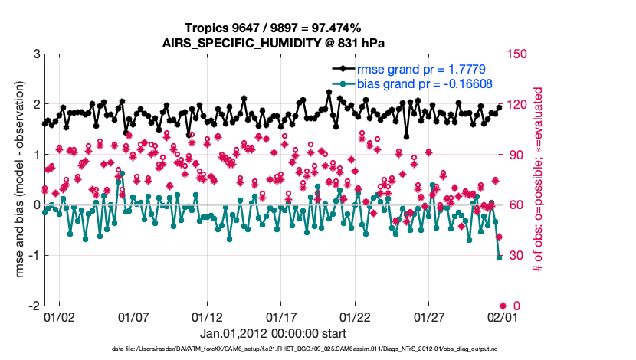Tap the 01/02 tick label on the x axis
pos(59,316)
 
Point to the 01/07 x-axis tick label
pos(133,316)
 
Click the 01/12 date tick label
pos(207,316)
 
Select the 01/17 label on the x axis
pos(281,316)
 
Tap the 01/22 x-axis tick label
pos(355,316)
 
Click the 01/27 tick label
pos(429,316)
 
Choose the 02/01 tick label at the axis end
pos(503,316)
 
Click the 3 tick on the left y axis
pos(36,54)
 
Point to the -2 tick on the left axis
pos(34,306)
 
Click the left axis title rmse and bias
pos(15,180)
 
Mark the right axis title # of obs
pos(539,180)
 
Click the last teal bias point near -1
pos(500,257)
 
